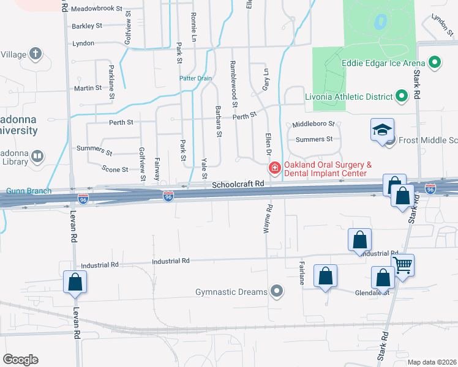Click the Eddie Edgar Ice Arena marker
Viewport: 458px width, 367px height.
435,62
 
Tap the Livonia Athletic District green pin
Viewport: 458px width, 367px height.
402,96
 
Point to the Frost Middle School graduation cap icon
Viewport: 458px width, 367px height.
381,131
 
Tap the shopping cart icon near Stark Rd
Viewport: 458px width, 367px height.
403,265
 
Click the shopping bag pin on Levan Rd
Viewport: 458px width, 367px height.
75,282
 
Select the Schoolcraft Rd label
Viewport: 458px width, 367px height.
238,183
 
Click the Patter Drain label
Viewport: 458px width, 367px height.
195,78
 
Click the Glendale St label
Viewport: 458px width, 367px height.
372,292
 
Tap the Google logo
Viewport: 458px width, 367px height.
20,360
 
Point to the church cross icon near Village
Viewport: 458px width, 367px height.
36,53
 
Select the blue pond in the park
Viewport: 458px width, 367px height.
380,23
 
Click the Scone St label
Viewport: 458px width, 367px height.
114,169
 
